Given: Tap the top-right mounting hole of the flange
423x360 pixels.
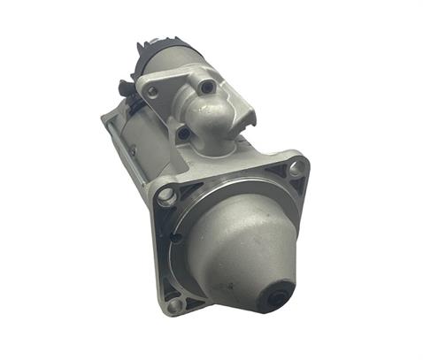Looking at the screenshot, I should pos(296,165).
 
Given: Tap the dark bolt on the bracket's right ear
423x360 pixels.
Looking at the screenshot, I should pos(207,87).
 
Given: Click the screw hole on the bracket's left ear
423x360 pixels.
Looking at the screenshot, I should pos(153,91).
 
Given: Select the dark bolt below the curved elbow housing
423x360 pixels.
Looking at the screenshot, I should pos(183,133).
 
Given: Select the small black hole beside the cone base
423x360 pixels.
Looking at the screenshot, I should pos(177,237).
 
